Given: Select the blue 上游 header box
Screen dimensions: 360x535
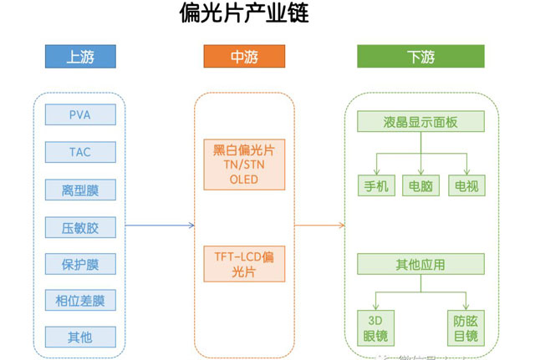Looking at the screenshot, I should pos(79,57).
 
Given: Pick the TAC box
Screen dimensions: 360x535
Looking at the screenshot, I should pos(80,152).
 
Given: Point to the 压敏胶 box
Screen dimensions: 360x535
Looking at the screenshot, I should pos(80,226).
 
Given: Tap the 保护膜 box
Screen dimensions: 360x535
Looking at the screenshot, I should pos(80,264).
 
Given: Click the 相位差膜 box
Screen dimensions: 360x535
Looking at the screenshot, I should pos(80,301).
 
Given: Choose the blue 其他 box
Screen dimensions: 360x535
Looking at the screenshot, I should pos(80,337).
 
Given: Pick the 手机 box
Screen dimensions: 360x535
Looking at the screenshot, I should pos(374,185).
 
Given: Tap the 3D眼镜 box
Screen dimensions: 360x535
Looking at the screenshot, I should pos(374,328).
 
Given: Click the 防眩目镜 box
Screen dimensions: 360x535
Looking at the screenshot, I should pos(466,328).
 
